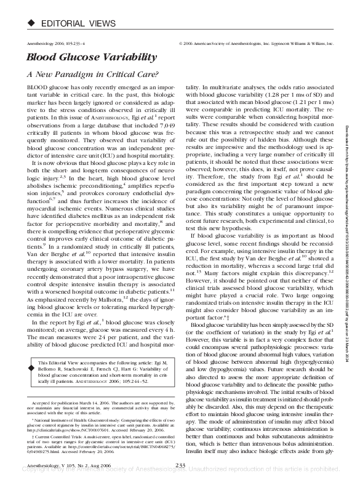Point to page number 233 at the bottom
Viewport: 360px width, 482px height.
point(180,465)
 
